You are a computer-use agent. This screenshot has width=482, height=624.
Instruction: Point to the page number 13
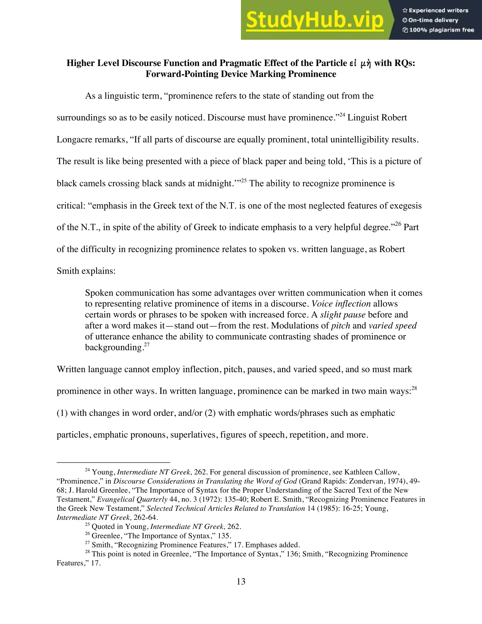(x=241, y=581)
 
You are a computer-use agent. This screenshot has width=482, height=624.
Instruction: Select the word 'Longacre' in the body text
(x=75, y=140)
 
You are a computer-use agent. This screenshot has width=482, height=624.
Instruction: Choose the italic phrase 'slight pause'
(x=343, y=315)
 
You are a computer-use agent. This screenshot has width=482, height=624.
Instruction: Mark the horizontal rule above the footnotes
(x=113, y=462)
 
